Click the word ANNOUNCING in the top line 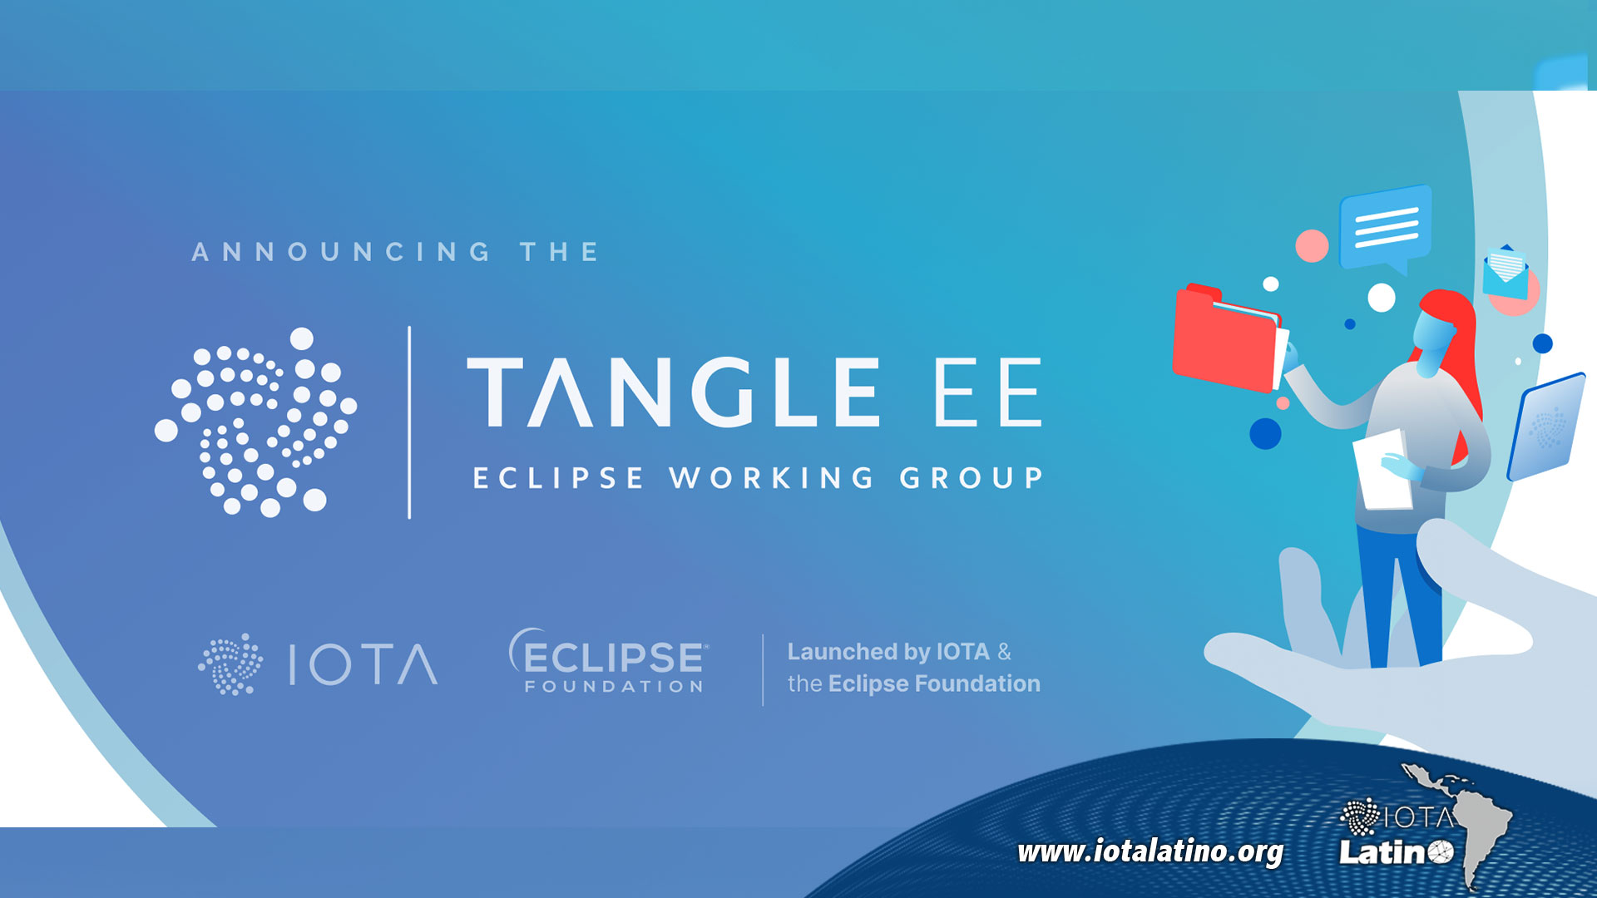coord(341,251)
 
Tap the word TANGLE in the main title coord(673,392)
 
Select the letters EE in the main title coord(988,392)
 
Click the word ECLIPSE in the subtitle coord(558,478)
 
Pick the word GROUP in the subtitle coord(972,478)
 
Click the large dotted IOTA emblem coord(255,422)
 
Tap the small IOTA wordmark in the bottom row coord(363,664)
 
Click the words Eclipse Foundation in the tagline coord(934,683)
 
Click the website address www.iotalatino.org coord(1150,851)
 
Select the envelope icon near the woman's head coord(1506,271)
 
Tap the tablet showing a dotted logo coord(1546,427)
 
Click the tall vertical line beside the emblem coord(409,422)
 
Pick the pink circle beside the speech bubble coord(1312,246)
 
